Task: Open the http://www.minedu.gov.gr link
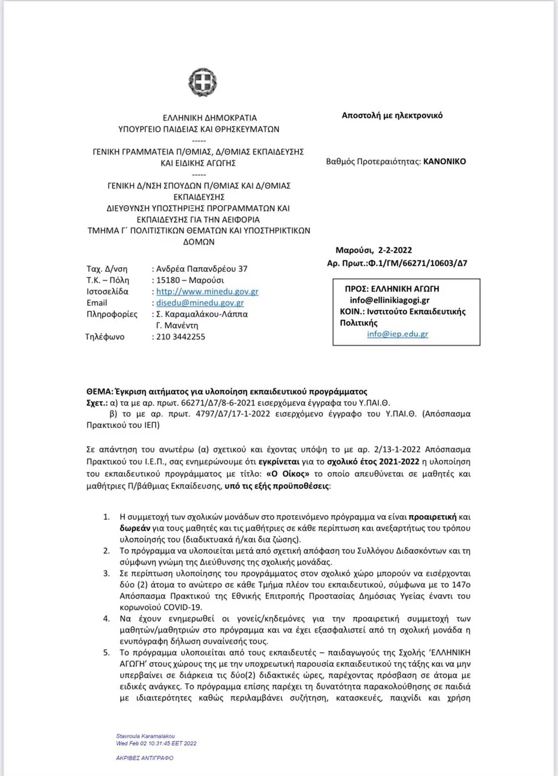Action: [x=207, y=292]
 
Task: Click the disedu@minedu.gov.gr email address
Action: [x=200, y=303]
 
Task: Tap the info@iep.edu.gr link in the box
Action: [x=398, y=334]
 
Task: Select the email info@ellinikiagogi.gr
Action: [x=389, y=300]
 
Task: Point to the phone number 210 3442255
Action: [x=180, y=337]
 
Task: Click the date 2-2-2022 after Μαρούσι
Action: [x=395, y=250]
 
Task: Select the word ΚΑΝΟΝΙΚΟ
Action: [x=445, y=161]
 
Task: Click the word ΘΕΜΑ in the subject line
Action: [x=99, y=391]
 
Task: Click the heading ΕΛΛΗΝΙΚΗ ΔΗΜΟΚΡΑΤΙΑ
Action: [x=210, y=117]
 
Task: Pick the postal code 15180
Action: [x=168, y=281]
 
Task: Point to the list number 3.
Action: [x=106, y=573]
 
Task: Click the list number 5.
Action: [x=106, y=653]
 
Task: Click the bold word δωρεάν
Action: [x=135, y=529]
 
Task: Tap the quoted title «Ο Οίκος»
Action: [x=288, y=473]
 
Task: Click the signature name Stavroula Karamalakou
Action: [x=145, y=736]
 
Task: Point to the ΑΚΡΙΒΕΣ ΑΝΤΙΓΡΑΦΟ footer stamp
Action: [x=144, y=758]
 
